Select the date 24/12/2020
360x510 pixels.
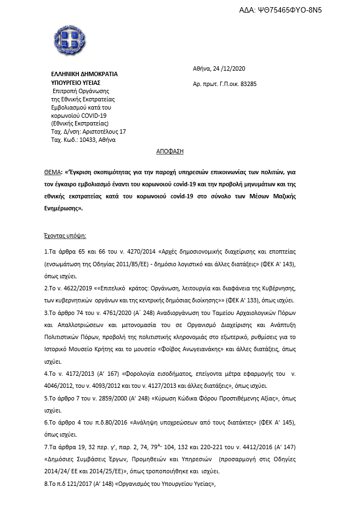click(x=228, y=68)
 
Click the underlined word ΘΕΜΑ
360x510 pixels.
click(x=54, y=170)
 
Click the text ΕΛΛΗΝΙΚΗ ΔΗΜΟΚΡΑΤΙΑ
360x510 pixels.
click(x=84, y=74)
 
